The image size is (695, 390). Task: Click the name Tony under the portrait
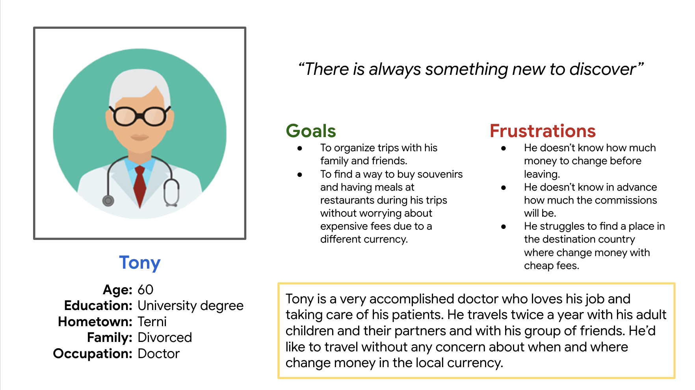tap(140, 263)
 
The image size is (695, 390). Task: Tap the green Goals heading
tap(311, 131)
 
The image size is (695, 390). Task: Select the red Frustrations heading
tap(543, 131)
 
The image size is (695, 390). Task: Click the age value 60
tap(145, 290)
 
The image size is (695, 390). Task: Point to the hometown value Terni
tap(152, 322)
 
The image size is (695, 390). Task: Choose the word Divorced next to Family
tap(165, 338)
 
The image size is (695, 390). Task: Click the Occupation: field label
tap(93, 354)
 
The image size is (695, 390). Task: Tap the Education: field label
tap(98, 306)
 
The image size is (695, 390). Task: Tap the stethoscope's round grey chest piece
tap(108, 201)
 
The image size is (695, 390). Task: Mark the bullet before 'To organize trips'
tap(300, 148)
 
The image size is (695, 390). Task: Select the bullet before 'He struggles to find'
tap(504, 227)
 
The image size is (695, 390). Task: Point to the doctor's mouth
tap(139, 137)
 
